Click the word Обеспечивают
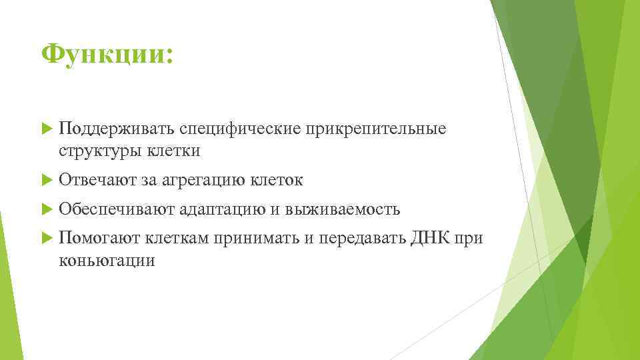click(117, 209)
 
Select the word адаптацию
click(222, 209)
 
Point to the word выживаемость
click(343, 209)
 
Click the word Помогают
click(100, 239)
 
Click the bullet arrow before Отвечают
click(46, 180)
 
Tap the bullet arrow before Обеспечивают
click(46, 209)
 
